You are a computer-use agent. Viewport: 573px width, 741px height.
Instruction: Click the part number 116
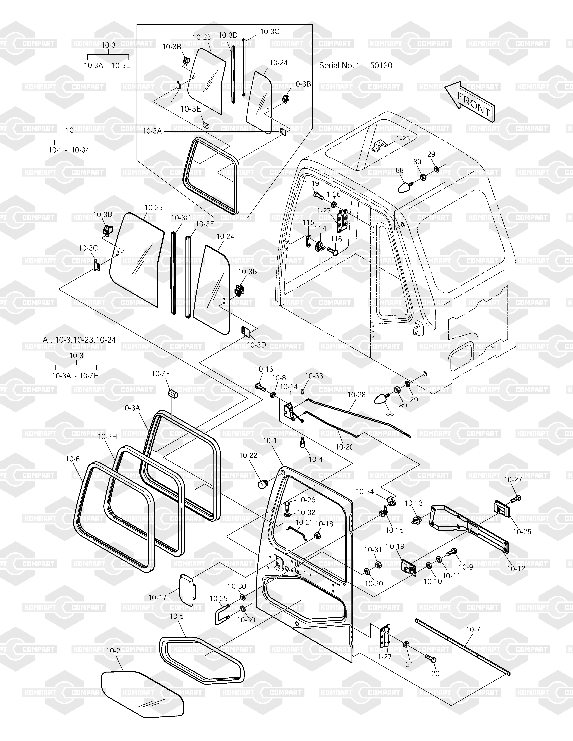[336, 239]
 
